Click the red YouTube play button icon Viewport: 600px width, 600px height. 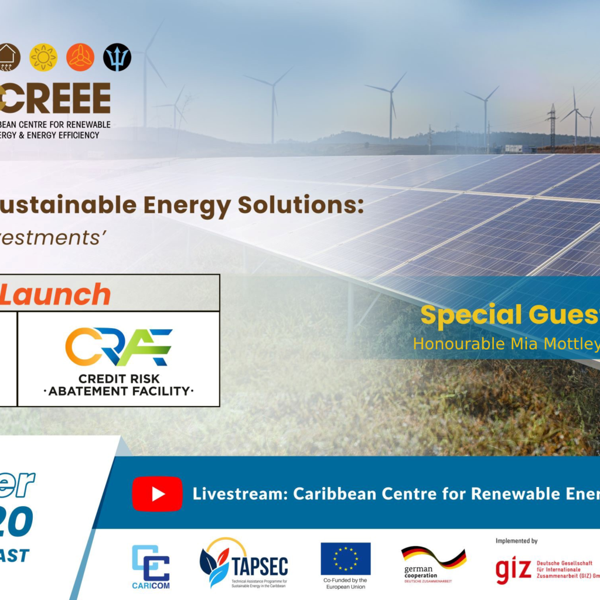157,494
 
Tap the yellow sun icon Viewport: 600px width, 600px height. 43,57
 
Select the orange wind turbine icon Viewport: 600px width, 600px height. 80,57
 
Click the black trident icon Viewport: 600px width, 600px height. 117,57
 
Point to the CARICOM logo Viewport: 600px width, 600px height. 151,566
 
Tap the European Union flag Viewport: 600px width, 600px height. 346,559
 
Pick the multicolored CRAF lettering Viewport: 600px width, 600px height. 119,347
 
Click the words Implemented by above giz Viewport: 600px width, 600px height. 516,541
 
